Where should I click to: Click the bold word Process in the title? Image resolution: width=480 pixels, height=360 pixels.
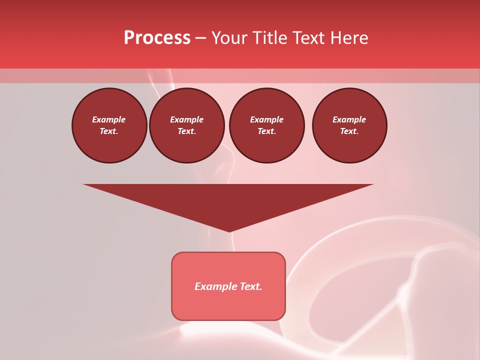[x=157, y=37]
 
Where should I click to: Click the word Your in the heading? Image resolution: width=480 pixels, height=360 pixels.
[x=229, y=37]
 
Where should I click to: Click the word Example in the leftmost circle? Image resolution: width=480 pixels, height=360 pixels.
[x=109, y=119]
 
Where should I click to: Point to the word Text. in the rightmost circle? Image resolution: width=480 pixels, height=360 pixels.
[x=349, y=131]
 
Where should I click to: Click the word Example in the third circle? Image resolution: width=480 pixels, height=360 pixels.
[x=266, y=119]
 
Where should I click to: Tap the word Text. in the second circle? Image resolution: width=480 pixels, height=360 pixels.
[x=187, y=131]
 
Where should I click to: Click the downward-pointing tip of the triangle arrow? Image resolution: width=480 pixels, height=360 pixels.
[x=229, y=230]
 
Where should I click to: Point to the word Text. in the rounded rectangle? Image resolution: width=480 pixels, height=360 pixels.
[x=251, y=286]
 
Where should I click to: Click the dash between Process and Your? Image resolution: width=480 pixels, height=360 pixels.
[x=200, y=38]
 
